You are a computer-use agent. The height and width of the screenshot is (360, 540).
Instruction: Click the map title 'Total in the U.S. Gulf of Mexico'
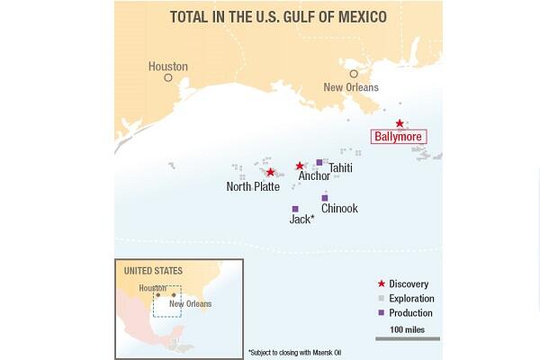click(279, 16)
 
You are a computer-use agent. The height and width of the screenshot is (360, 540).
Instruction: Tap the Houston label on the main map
click(168, 67)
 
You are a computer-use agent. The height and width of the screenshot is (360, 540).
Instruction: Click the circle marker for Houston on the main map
click(168, 78)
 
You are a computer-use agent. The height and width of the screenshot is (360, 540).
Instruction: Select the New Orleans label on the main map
click(351, 87)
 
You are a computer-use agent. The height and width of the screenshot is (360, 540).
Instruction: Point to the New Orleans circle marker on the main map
click(354, 74)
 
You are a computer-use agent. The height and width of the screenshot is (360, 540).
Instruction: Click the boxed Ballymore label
click(398, 137)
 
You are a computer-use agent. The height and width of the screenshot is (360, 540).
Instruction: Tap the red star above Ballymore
click(400, 123)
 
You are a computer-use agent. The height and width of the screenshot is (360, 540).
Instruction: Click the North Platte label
click(253, 187)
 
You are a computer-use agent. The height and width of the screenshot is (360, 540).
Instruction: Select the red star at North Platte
click(270, 172)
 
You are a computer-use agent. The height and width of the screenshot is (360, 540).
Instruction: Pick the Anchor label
click(314, 176)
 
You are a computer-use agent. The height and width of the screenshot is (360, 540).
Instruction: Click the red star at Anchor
click(300, 166)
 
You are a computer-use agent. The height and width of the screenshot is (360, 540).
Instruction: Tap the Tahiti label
click(340, 168)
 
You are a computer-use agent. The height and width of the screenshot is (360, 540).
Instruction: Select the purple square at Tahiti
click(319, 163)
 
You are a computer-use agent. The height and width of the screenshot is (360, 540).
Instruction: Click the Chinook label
click(339, 209)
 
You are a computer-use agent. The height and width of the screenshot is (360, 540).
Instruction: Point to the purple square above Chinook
click(325, 198)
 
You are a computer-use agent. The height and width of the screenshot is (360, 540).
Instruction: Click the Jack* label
click(301, 219)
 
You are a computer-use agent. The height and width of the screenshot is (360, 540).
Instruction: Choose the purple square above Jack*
click(295, 209)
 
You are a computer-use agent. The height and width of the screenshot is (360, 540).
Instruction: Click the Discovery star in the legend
click(381, 283)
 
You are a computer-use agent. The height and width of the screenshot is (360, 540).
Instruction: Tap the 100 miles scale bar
click(415, 339)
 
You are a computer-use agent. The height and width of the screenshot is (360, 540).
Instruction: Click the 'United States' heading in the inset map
click(153, 271)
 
